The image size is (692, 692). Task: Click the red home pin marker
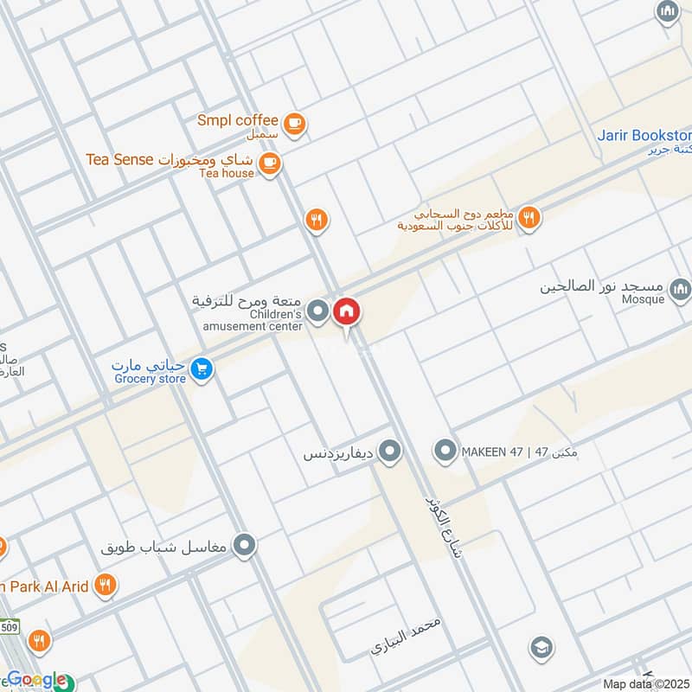click(347, 312)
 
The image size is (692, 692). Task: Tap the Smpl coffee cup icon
click(295, 125)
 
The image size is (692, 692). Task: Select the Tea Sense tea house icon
click(269, 163)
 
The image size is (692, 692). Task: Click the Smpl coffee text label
click(237, 120)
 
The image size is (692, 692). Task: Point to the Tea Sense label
click(119, 159)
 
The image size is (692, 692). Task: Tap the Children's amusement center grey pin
click(318, 311)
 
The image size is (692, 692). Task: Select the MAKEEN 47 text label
click(492, 451)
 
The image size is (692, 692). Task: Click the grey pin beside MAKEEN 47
click(445, 451)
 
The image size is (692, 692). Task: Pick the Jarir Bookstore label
click(644, 136)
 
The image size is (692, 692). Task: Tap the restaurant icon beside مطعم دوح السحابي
click(529, 218)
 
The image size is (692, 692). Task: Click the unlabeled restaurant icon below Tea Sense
click(317, 221)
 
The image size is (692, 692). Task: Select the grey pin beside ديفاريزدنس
click(390, 451)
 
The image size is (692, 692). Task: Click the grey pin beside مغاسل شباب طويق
click(246, 546)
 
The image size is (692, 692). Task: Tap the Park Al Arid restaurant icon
click(106, 586)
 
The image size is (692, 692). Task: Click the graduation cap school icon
click(541, 648)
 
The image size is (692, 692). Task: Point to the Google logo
click(35, 679)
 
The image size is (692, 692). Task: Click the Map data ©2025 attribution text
click(644, 683)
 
